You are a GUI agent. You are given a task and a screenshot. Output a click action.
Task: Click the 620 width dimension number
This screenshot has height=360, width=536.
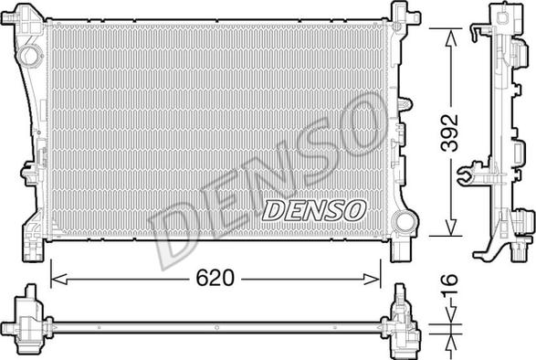pos(215,278)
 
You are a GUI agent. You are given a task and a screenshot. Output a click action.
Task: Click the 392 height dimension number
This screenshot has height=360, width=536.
pos(449,132)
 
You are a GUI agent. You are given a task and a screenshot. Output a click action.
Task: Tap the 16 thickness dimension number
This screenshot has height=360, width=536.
pos(449,284)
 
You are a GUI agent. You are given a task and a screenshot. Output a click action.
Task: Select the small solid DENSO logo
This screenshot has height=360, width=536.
pos(314,210)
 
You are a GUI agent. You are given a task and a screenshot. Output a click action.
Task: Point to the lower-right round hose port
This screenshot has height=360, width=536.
pos(404,222)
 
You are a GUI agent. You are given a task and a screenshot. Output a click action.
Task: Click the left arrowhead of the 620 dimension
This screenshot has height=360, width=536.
pos(58,280)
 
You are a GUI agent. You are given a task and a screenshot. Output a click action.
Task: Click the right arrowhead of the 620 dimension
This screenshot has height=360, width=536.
pos(372,280)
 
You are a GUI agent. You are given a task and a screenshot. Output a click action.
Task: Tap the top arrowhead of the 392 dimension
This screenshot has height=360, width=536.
pos(451,37)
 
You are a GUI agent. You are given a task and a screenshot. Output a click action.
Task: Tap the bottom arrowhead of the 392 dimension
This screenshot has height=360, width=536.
pos(451,228)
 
